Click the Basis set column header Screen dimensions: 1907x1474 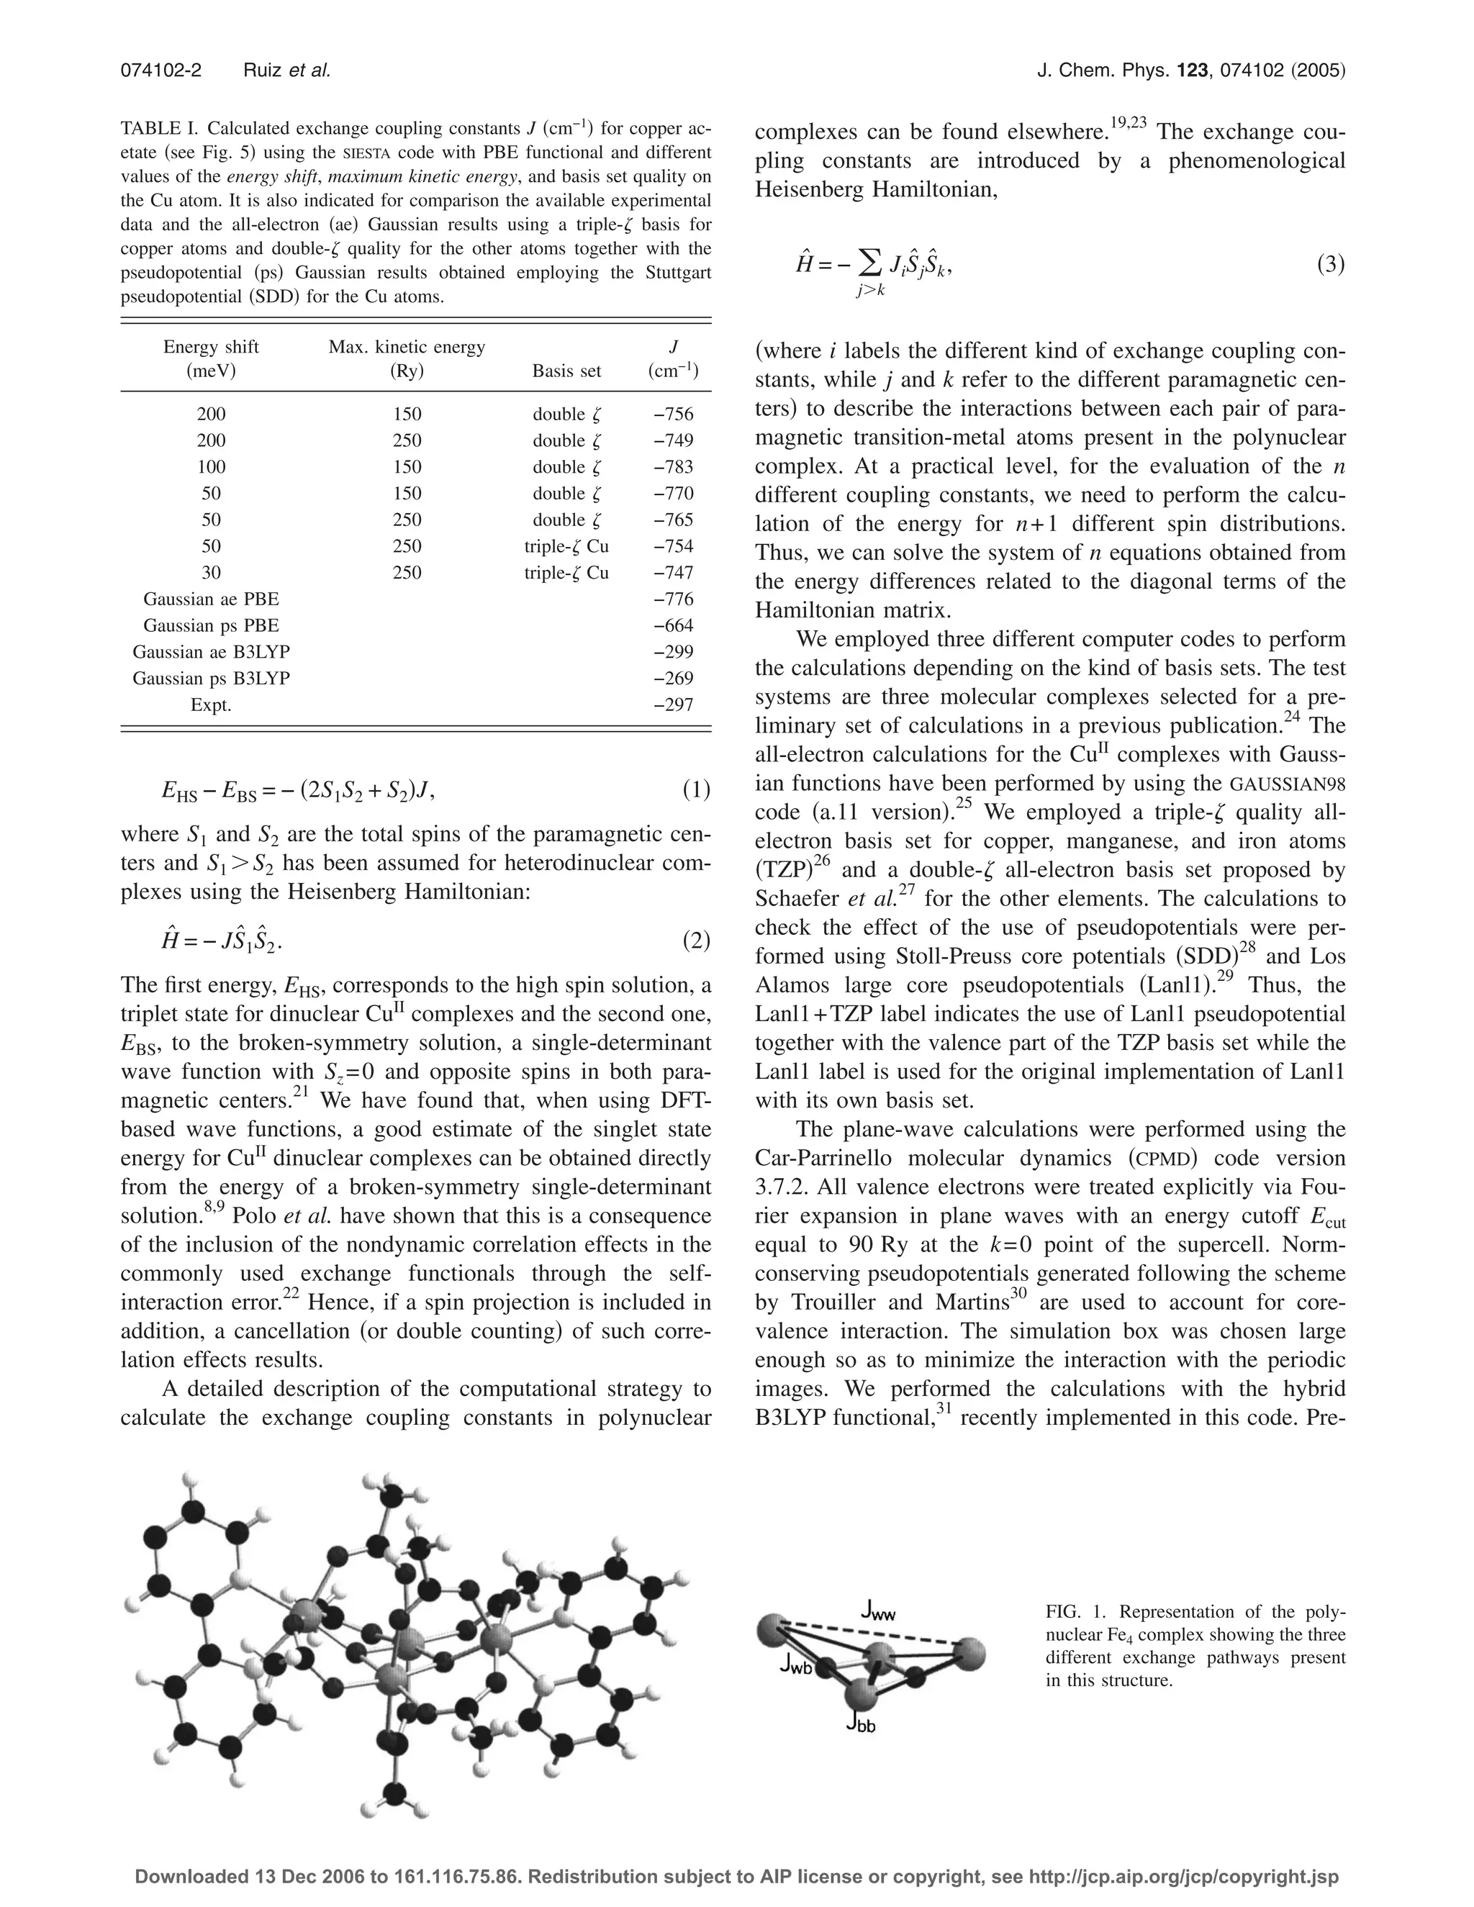click(x=566, y=371)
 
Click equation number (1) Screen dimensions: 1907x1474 click(x=696, y=791)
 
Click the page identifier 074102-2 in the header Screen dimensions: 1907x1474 click(x=160, y=71)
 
